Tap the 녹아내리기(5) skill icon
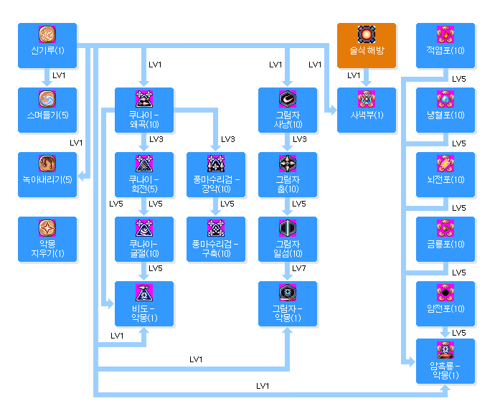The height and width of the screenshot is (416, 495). pos(47,163)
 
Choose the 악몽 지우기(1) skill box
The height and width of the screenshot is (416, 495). pos(47,239)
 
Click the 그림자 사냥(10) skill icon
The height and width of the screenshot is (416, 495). pos(288,98)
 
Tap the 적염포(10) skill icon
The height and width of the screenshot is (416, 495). pos(445,34)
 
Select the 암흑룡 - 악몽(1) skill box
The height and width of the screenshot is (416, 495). pos(445,361)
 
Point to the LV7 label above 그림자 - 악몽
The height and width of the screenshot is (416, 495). pos(299,268)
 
